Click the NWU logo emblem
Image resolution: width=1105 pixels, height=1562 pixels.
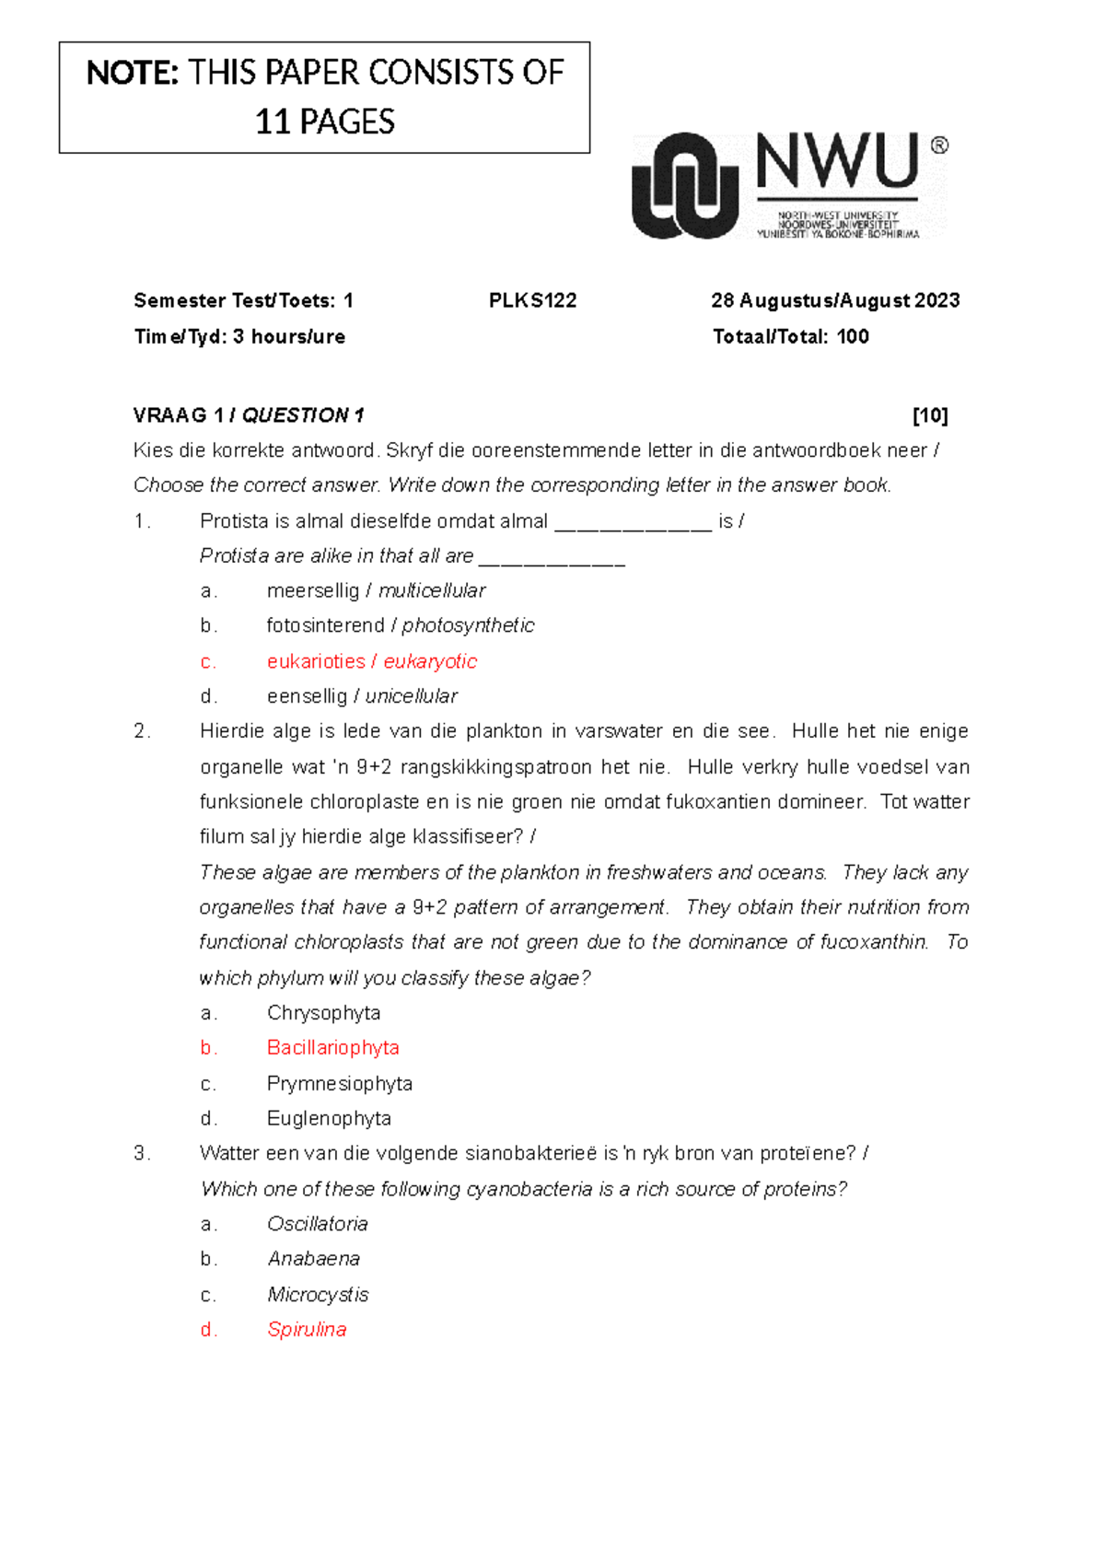pos(685,186)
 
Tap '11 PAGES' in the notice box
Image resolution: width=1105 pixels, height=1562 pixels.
pos(324,122)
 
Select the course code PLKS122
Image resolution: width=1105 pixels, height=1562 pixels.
pos(532,300)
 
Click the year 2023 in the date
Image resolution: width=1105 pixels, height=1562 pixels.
pos(936,300)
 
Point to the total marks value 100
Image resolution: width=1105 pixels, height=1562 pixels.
pos(853,336)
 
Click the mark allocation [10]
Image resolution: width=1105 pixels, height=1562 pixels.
pos(929,415)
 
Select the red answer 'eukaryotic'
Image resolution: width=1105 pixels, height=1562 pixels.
pos(430,661)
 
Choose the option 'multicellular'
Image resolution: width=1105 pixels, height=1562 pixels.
pos(432,590)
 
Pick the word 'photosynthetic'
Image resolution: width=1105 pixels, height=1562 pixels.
pos(468,625)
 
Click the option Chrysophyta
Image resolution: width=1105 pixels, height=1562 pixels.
pos(323,1013)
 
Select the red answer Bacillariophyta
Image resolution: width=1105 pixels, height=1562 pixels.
pos(332,1048)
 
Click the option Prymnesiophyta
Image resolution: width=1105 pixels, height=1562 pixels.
pos(339,1083)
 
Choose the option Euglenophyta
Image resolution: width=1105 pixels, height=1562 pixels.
pos(329,1118)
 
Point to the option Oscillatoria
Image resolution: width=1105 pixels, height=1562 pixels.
pos(317,1224)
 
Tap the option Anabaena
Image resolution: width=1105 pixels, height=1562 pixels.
pos(313,1259)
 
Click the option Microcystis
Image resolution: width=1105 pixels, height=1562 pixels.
pos(317,1295)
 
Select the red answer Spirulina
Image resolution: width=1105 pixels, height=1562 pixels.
pos(307,1330)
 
